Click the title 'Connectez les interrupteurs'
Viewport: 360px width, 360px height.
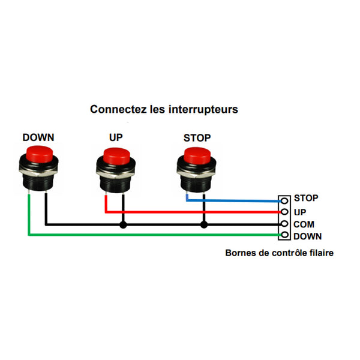click(x=164, y=110)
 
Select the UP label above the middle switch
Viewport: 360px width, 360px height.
click(x=116, y=137)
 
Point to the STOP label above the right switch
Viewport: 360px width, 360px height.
click(x=197, y=137)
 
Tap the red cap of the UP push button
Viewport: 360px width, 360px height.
click(x=118, y=155)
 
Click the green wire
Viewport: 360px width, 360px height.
click(x=150, y=235)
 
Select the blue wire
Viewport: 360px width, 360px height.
click(x=240, y=200)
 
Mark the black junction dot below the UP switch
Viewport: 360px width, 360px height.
click(x=124, y=225)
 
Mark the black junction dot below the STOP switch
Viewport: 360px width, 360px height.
click(x=204, y=225)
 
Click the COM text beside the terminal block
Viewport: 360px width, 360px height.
click(x=304, y=224)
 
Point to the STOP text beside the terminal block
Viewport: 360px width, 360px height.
click(x=306, y=198)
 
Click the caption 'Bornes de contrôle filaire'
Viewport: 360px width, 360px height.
click(x=279, y=253)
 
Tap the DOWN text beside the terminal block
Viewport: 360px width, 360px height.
click(x=308, y=236)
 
